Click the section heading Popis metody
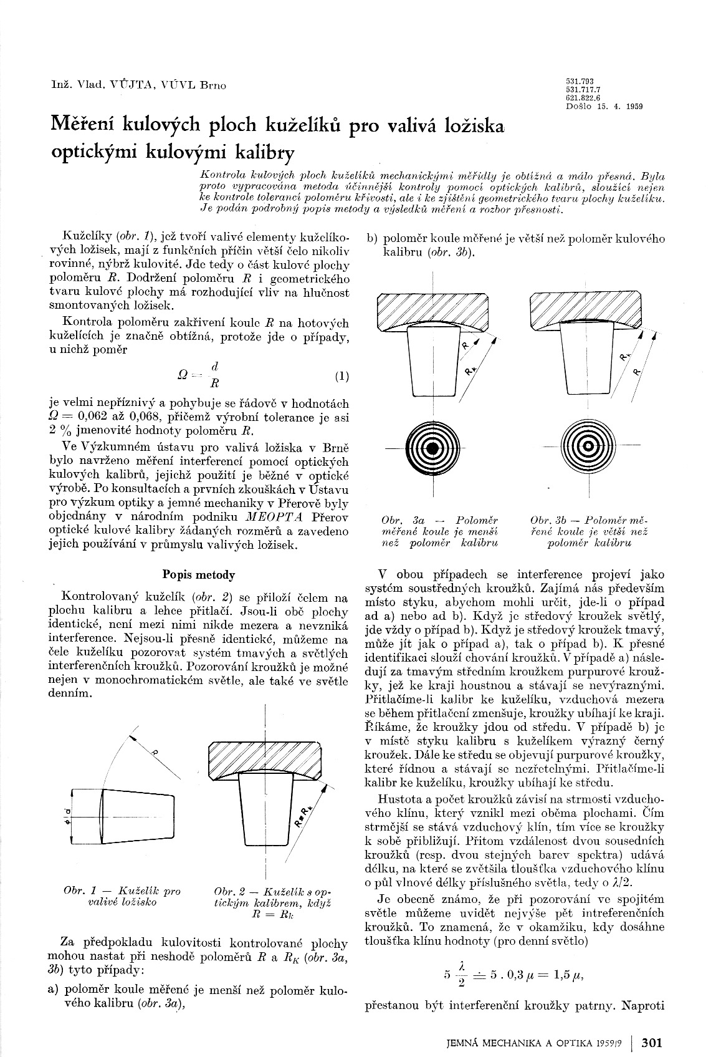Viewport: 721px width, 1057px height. (x=198, y=575)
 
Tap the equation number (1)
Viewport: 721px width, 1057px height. (x=341, y=377)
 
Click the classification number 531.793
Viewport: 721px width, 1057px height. (x=579, y=82)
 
